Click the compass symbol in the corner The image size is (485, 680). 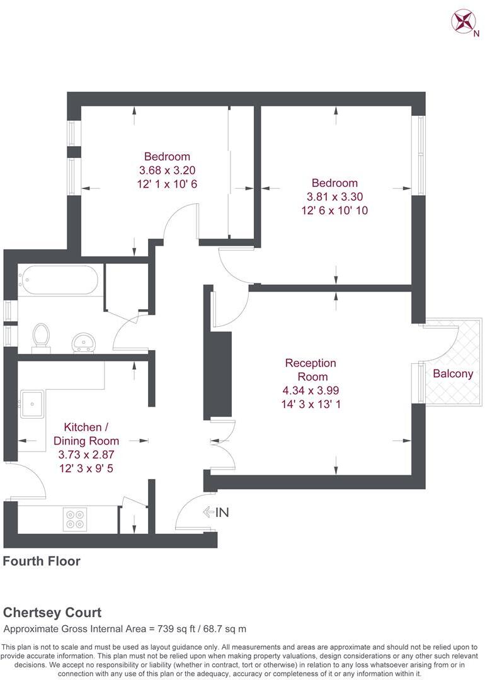tap(462, 20)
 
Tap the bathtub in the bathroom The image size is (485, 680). tap(59, 280)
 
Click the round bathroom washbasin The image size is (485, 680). tap(82, 342)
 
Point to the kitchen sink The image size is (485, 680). tap(31, 404)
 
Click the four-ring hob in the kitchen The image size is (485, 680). tap(75, 518)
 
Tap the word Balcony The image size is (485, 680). tap(453, 373)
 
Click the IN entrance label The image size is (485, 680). tap(222, 513)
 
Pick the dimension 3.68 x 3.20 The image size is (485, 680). tap(167, 170)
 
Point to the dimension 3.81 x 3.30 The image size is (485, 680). tap(334, 197)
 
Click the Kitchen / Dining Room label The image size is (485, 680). tap(83, 434)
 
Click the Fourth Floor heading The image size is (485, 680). tap(42, 560)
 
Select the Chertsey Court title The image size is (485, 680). tap(52, 612)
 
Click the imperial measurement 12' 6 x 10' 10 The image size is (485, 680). tap(334, 211)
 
